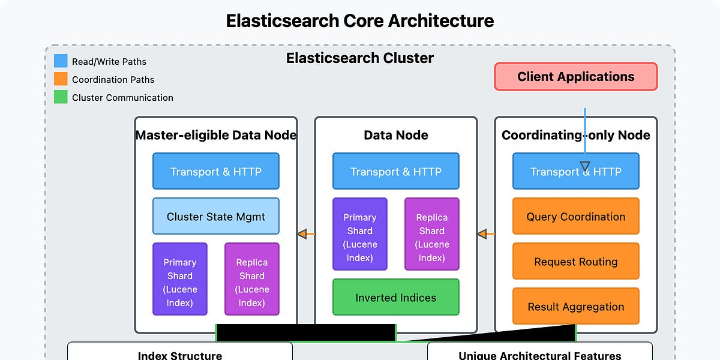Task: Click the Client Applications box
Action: [x=576, y=77]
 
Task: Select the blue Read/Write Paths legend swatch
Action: [x=61, y=61]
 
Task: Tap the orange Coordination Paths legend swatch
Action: [x=61, y=79]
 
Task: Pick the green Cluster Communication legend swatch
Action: [x=61, y=97]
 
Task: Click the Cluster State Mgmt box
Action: [x=216, y=217]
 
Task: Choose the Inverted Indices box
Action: [x=396, y=298]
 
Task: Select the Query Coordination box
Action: [x=576, y=217]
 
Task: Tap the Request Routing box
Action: [x=576, y=262]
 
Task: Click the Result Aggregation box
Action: [x=576, y=307]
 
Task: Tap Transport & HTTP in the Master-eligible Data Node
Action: [x=216, y=172]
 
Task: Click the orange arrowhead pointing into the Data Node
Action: [x=482, y=234]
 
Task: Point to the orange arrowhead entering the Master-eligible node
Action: [x=302, y=234]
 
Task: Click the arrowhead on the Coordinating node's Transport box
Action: [x=585, y=167]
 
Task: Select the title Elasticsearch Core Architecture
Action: [x=360, y=21]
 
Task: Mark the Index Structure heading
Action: [x=180, y=355]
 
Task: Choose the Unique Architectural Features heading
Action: [x=540, y=355]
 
